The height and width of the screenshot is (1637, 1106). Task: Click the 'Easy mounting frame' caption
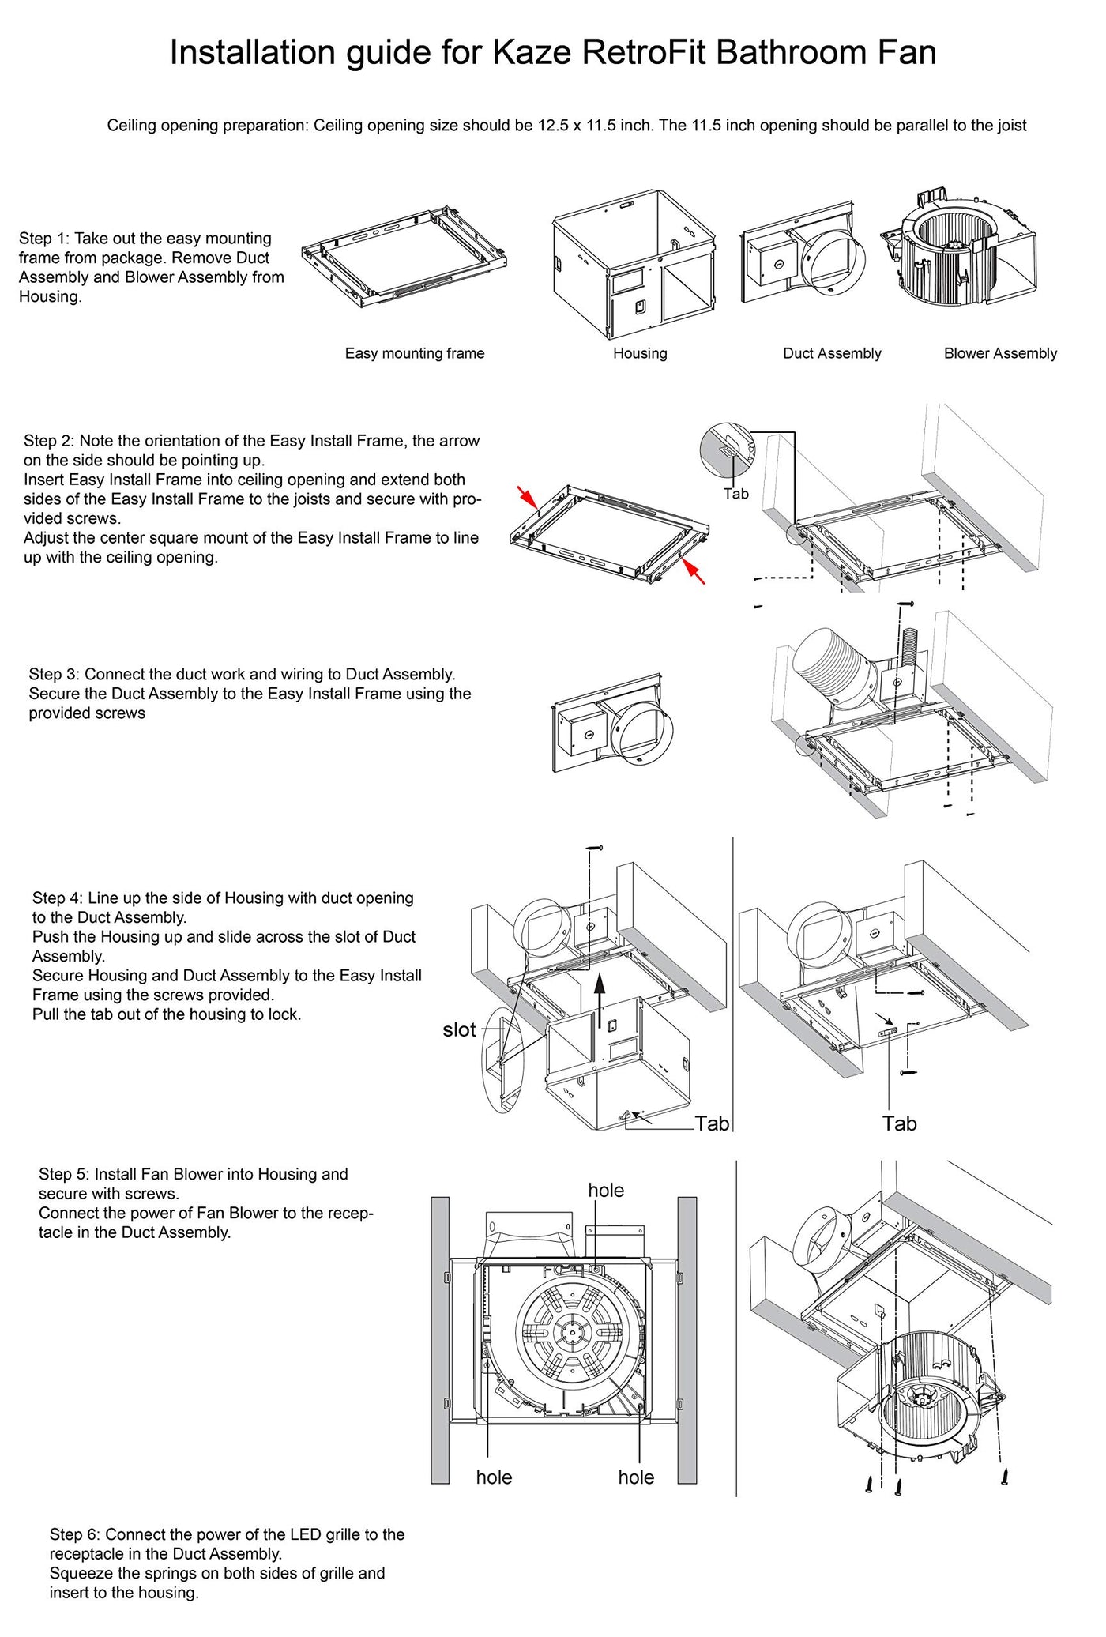[x=415, y=353]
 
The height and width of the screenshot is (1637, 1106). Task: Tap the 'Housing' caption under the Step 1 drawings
[x=640, y=353]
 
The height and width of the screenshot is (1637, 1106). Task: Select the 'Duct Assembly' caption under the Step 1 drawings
[x=832, y=353]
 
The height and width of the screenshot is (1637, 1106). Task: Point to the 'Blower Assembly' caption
[x=1000, y=353]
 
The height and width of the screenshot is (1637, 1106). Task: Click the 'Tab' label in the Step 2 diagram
[x=735, y=494]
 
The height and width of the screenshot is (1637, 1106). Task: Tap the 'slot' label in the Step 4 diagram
[x=459, y=1029]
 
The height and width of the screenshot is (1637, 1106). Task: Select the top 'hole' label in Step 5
[x=606, y=1190]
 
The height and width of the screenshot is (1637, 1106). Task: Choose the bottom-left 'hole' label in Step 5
[x=494, y=1477]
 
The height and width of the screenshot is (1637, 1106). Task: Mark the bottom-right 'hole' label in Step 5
[x=636, y=1477]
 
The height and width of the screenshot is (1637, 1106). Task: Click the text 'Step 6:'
[x=75, y=1534]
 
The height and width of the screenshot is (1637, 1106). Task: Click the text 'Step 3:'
[x=55, y=674]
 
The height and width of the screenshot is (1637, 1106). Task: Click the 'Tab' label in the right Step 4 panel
[x=899, y=1123]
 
